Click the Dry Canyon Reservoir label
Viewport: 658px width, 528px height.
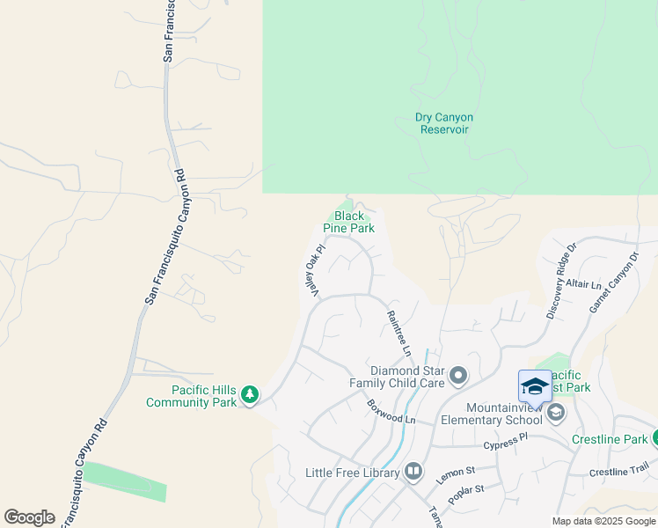[443, 123]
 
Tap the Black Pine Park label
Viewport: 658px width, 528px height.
[348, 222]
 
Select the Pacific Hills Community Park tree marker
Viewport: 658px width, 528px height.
[250, 395]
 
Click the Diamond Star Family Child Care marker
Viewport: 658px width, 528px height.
[457, 378]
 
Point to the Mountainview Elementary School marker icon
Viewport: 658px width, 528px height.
[555, 412]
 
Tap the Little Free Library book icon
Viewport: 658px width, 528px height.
[413, 473]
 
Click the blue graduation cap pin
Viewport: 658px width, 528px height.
[535, 386]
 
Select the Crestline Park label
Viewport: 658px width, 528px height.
[609, 439]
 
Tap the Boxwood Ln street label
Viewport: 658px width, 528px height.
[391, 411]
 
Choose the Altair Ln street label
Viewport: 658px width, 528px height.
[584, 285]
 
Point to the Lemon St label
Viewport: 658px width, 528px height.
[455, 476]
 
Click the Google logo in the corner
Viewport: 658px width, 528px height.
[29, 517]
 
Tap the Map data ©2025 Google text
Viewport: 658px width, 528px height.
[603, 521]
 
